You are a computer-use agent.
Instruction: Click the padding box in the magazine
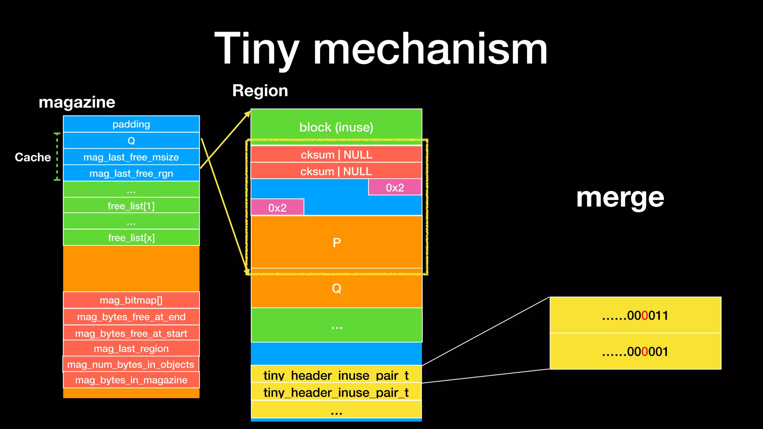(x=131, y=124)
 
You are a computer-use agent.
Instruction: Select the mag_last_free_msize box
(x=131, y=157)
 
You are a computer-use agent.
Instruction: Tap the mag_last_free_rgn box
(x=131, y=174)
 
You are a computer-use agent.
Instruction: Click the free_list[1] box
(x=131, y=206)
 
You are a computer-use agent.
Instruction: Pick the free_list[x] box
(x=131, y=238)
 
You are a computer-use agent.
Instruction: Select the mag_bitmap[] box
(x=131, y=300)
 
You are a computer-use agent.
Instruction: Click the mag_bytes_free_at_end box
(x=131, y=317)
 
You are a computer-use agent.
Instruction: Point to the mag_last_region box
(x=131, y=349)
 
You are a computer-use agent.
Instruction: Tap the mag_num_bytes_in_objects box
(x=131, y=365)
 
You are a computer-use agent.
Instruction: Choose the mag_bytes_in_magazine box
(x=131, y=380)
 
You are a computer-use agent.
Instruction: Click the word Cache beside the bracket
(x=33, y=157)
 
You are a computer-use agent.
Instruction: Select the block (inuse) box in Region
(x=336, y=127)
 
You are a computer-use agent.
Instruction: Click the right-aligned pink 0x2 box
(x=395, y=187)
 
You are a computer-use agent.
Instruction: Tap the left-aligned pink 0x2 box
(x=278, y=207)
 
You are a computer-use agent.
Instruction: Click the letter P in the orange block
(x=336, y=243)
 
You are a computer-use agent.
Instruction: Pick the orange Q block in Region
(x=336, y=289)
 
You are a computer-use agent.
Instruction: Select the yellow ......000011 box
(x=635, y=315)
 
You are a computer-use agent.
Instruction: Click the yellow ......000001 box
(x=635, y=352)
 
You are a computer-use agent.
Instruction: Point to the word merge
(x=620, y=197)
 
